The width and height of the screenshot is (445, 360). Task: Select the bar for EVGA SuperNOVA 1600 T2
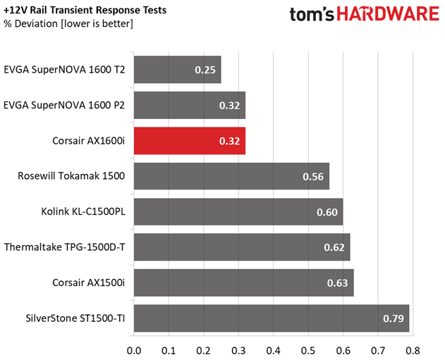tap(176, 70)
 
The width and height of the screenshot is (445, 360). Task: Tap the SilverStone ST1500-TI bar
tap(271, 318)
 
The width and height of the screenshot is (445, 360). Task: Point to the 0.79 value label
tap(393, 318)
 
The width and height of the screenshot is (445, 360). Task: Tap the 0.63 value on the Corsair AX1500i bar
tap(337, 283)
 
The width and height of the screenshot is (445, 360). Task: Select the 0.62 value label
tap(334, 247)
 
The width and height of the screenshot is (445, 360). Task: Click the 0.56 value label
tap(312, 176)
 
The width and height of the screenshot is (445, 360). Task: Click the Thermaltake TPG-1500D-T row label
tap(63, 247)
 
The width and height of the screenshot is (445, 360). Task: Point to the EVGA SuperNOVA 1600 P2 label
tap(64, 105)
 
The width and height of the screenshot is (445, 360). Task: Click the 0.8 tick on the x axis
tap(413, 349)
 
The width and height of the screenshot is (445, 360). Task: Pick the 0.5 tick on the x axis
tap(307, 349)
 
